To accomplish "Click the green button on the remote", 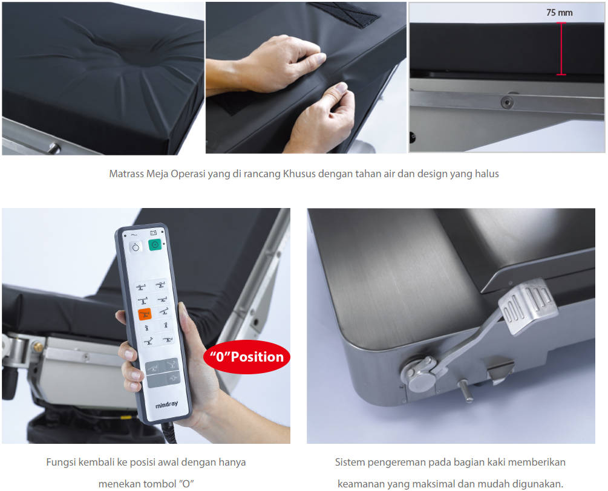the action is point(155,245).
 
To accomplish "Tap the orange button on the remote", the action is point(145,313).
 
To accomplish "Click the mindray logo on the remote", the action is point(167,405).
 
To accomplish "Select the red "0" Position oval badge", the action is point(247,357).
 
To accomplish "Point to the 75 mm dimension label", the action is point(559,13).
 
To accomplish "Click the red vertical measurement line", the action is point(561,48).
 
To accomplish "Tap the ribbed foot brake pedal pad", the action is point(528,307).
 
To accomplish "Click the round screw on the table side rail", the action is point(507,102).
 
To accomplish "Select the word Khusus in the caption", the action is point(299,174).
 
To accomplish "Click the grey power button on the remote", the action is point(136,247).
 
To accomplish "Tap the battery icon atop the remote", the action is point(153,233).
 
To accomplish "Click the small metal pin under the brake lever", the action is point(465,391).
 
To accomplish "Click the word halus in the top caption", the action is point(486,174).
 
